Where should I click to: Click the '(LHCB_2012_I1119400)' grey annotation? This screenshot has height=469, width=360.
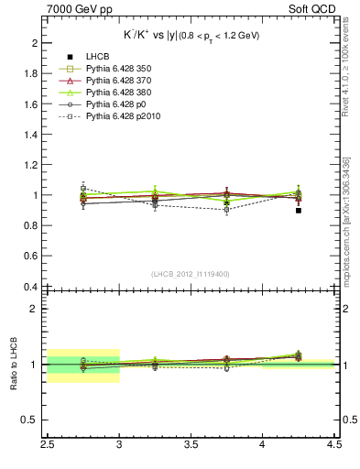191,274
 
